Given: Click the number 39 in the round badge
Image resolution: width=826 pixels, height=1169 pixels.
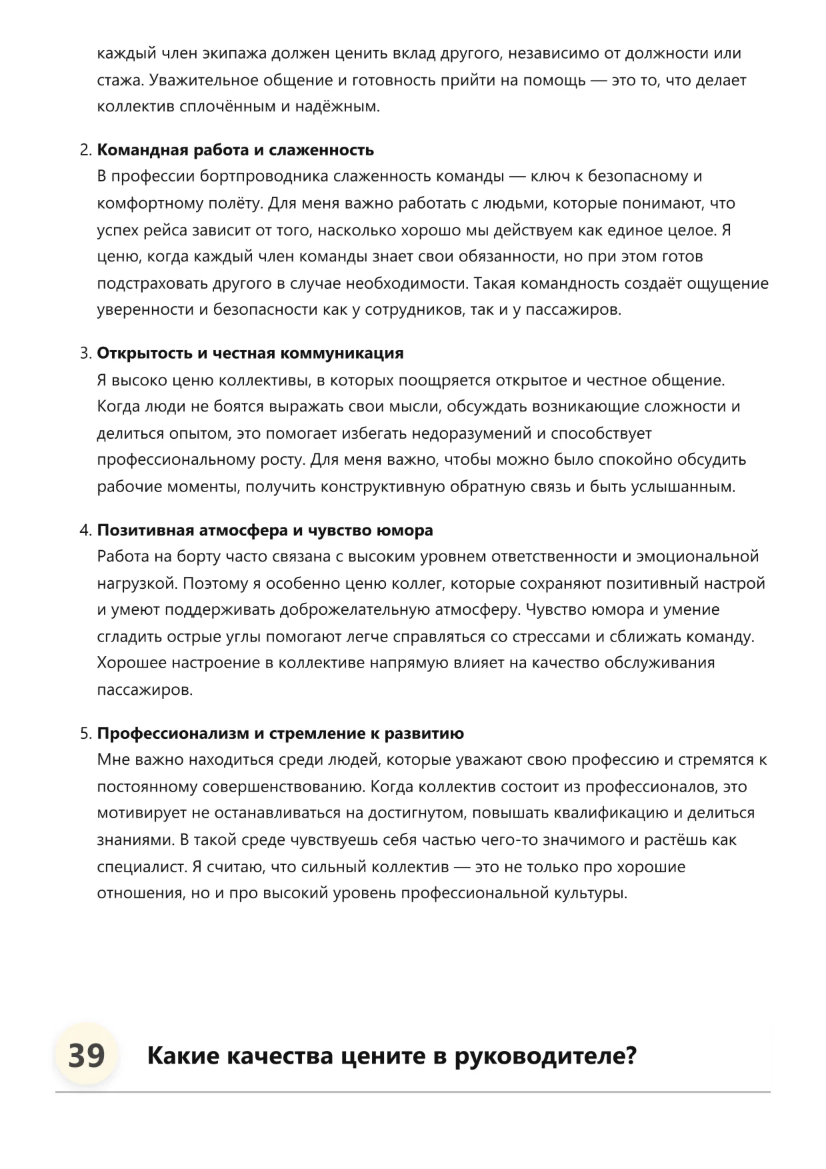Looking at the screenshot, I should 86,1056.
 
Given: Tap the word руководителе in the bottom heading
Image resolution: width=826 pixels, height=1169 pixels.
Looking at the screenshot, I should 539,1056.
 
